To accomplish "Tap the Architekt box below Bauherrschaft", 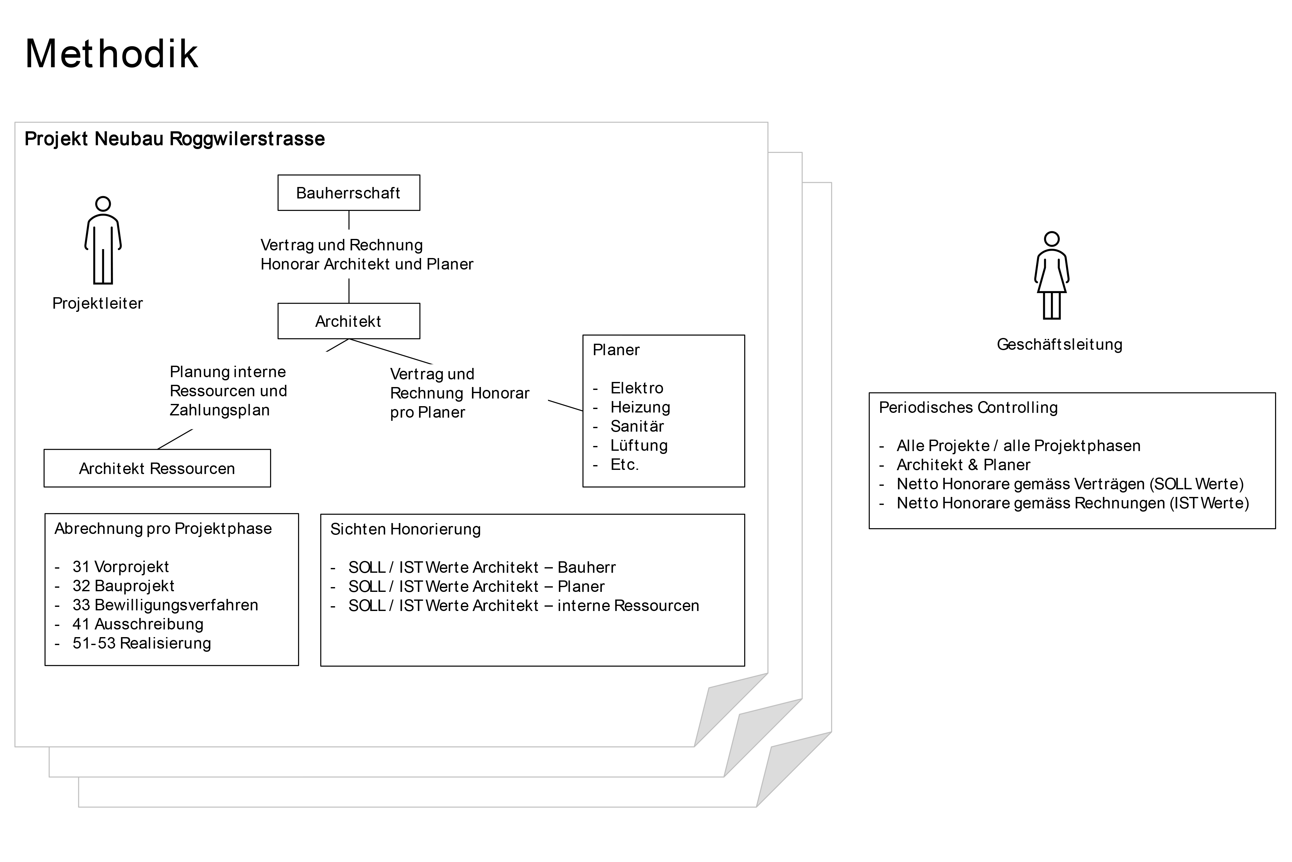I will click(348, 321).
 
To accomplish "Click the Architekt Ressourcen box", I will click(157, 468).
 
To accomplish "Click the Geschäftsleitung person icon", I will click(1051, 276).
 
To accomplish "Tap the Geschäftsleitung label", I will click(1059, 345).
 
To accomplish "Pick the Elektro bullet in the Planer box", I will click(636, 388).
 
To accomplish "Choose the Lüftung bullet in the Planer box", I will click(639, 445).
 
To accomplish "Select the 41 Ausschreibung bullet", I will click(137, 624).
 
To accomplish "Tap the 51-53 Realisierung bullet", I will click(141, 643).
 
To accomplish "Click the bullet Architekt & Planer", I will click(963, 465).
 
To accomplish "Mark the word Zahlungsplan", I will click(219, 410).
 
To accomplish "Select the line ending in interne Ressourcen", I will click(523, 606).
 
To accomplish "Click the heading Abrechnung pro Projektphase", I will click(163, 529).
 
